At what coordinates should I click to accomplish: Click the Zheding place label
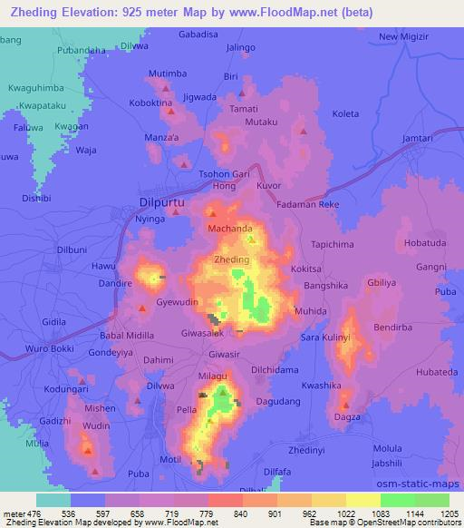pyautogui.click(x=230, y=260)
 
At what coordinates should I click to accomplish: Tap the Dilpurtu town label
pyautogui.click(x=163, y=204)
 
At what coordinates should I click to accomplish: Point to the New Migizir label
pyautogui.click(x=402, y=36)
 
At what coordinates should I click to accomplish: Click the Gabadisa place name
pyautogui.click(x=199, y=33)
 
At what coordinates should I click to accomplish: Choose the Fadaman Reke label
pyautogui.click(x=307, y=205)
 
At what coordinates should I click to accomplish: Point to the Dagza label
pyautogui.click(x=347, y=416)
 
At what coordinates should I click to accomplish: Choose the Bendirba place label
pyautogui.click(x=394, y=324)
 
